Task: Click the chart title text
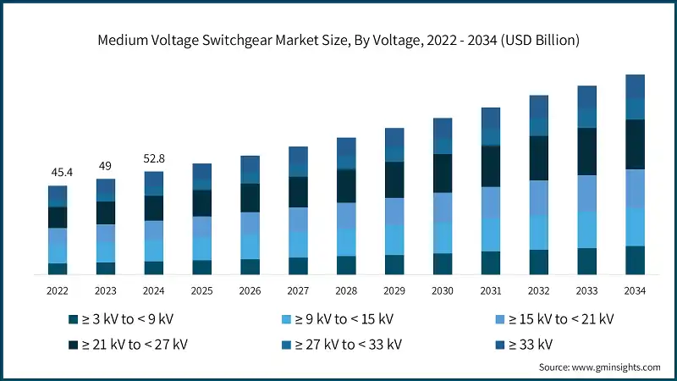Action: click(338, 39)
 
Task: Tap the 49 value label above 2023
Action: click(106, 165)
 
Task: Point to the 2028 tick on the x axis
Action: click(346, 290)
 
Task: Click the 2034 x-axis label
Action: click(635, 290)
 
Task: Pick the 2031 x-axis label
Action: click(491, 290)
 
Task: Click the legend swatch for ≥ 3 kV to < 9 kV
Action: click(74, 319)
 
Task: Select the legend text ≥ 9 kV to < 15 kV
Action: click(344, 319)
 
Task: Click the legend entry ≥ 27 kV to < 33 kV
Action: click(344, 344)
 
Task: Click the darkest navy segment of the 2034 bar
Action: click(635, 144)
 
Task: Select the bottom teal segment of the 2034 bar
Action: click(635, 260)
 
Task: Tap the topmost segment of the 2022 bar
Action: click(58, 196)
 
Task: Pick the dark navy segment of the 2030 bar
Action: click(443, 173)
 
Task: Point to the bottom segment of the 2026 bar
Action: click(250, 267)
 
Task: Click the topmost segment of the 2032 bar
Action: click(539, 106)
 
